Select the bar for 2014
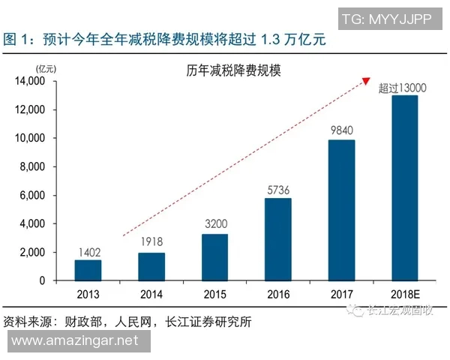click(152, 266)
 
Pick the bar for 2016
click(278, 239)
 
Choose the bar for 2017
click(342, 210)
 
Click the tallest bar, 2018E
click(405, 187)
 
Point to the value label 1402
click(88, 252)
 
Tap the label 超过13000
click(403, 87)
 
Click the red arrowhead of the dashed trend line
click(367, 80)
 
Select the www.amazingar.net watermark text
click(76, 341)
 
